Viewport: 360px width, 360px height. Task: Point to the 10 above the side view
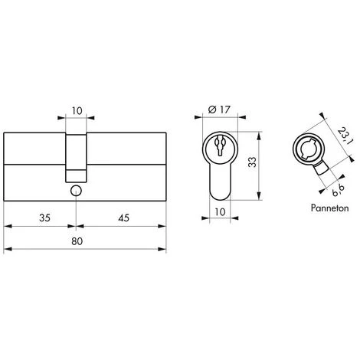(77, 111)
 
